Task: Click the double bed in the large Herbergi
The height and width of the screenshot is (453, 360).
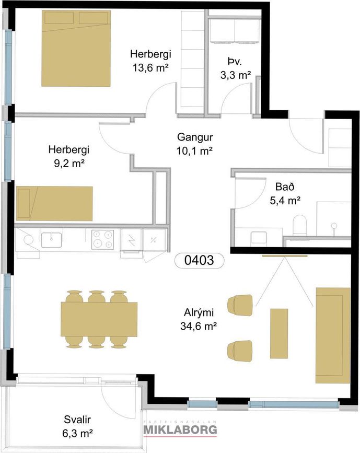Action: [76, 48]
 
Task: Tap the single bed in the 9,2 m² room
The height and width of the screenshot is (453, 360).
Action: [55, 203]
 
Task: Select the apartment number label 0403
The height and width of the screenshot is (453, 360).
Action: [200, 260]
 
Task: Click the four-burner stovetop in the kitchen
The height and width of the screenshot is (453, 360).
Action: [102, 239]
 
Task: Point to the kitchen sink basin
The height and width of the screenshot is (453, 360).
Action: [51, 240]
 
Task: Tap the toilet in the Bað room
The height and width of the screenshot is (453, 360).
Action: [299, 226]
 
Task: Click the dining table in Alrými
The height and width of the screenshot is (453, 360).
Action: [99, 319]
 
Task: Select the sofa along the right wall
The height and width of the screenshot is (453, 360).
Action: [333, 335]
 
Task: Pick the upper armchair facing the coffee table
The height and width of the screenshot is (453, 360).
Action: [240, 305]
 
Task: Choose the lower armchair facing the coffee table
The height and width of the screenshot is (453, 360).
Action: [240, 351]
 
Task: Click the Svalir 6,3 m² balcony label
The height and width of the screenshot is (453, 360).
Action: [77, 426]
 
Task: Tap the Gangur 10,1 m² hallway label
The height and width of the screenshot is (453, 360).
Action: [195, 144]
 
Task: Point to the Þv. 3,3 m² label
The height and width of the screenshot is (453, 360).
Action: [236, 68]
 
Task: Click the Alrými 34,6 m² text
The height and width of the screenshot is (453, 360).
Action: [199, 320]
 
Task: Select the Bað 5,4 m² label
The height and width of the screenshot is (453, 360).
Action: [285, 193]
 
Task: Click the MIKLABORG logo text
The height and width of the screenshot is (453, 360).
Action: [180, 429]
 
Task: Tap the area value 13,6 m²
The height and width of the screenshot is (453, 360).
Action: [150, 68]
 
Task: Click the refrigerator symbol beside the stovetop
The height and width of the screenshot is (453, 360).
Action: [132, 239]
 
